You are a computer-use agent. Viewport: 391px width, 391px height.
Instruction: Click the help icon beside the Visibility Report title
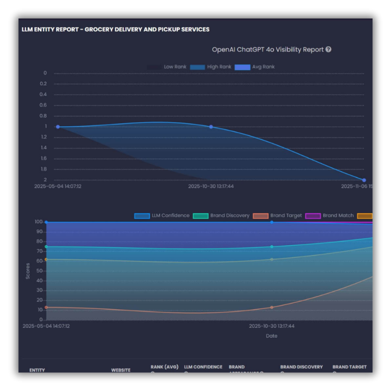(328, 49)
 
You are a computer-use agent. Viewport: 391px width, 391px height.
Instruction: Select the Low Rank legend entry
(167, 67)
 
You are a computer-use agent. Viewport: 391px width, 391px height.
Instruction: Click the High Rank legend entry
(211, 67)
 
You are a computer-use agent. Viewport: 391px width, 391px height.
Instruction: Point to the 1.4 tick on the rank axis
(44, 148)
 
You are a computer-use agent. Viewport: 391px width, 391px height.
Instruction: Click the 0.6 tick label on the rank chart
(44, 105)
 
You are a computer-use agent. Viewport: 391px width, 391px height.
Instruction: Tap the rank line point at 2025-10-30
(211, 127)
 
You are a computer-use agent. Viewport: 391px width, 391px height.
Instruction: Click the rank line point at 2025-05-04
(58, 127)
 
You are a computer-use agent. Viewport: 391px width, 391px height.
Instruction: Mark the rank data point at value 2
(364, 180)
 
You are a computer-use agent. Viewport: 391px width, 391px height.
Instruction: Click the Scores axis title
(28, 271)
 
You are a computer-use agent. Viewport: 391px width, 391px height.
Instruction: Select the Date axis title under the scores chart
(271, 336)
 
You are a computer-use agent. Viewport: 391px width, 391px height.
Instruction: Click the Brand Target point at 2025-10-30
(272, 307)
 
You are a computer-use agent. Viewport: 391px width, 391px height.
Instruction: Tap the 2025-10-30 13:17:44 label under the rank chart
(211, 186)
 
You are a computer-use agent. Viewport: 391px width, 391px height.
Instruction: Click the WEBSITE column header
(121, 370)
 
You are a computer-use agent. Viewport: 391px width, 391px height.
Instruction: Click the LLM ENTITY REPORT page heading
(115, 29)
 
